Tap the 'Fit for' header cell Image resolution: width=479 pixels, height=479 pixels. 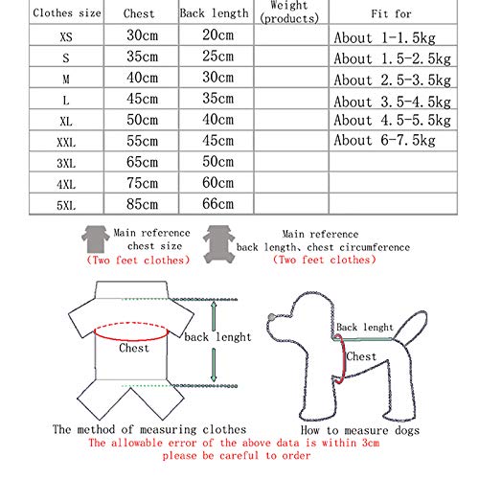click(x=391, y=14)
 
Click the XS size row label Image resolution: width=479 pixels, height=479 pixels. click(x=64, y=34)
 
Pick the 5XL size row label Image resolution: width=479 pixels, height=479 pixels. click(x=64, y=203)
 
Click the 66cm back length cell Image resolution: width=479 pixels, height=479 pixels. click(x=217, y=203)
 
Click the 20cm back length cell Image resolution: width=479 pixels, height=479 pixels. click(x=217, y=34)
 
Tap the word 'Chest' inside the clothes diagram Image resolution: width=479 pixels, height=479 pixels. click(x=135, y=349)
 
